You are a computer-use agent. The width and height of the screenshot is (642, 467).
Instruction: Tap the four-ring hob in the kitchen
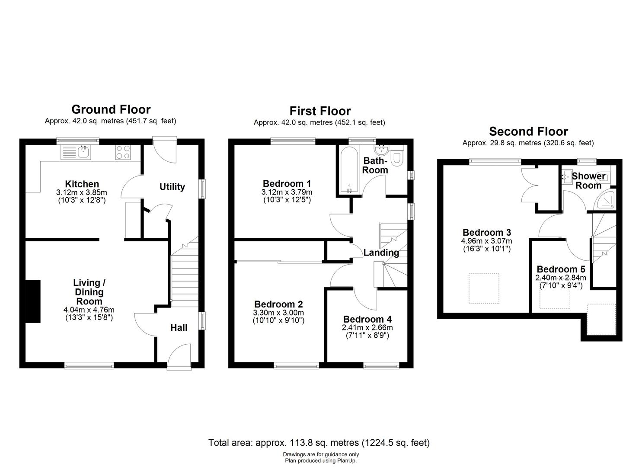point(123,152)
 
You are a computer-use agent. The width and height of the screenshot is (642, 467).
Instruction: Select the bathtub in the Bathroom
point(349,170)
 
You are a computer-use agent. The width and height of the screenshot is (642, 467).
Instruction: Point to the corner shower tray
point(605,199)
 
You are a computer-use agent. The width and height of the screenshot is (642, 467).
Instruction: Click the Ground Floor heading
point(111,109)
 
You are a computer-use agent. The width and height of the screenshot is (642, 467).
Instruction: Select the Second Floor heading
point(528,131)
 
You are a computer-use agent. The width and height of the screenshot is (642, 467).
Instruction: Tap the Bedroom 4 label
point(367,319)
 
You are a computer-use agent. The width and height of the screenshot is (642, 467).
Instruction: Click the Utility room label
point(172,187)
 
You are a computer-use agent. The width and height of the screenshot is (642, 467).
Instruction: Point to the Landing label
point(381,253)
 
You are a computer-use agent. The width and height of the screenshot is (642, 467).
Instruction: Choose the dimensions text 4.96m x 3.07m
point(487,241)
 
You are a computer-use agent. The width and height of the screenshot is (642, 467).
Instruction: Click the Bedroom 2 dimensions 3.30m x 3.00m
point(278,313)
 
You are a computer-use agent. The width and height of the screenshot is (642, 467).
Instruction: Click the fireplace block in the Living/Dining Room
point(33,301)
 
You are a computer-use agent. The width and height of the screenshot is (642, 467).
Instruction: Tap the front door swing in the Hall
point(179,355)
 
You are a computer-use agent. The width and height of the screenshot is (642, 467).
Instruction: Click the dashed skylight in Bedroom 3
point(484,289)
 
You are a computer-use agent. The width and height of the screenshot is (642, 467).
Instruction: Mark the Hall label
point(179,328)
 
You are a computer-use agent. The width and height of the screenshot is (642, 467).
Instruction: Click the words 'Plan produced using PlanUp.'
point(321,461)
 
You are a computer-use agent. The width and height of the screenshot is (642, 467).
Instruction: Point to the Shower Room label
point(588,181)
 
